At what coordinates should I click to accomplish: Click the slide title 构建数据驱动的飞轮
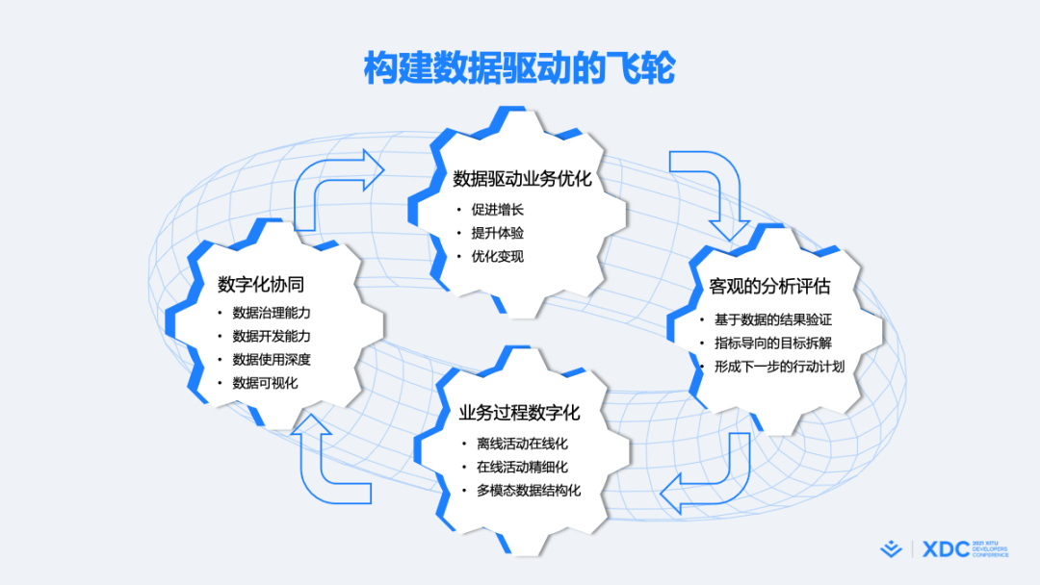point(519,67)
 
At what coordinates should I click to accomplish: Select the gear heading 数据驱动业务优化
point(522,178)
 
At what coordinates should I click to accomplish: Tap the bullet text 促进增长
point(498,210)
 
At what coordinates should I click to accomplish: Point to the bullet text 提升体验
point(498,233)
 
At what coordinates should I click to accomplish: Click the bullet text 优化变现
point(498,256)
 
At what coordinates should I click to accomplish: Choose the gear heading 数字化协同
point(261,284)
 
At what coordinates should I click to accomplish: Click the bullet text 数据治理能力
point(272,313)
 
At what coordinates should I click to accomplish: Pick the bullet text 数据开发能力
point(272,336)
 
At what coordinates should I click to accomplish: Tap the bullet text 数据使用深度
point(272,360)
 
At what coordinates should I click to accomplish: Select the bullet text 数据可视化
point(265,383)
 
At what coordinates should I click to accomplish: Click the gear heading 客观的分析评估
point(769,286)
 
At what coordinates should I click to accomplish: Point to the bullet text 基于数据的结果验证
point(772,320)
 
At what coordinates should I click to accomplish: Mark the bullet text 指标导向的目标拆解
point(772,343)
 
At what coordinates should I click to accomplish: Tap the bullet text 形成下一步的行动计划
point(779,367)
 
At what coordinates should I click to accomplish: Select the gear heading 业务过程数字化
point(519,413)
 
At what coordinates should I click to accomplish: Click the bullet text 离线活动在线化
point(522,444)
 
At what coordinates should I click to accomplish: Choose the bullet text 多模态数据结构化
point(529,491)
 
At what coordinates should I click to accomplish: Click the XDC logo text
point(946,549)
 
